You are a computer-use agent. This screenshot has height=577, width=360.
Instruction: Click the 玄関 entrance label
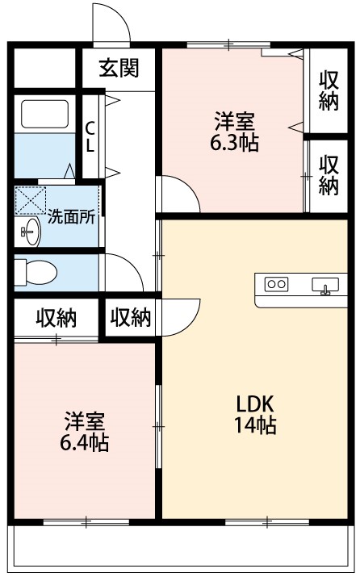tap(119, 68)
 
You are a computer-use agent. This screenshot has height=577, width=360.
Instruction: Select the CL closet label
tap(90, 137)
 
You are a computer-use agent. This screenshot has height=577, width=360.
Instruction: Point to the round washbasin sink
tap(29, 232)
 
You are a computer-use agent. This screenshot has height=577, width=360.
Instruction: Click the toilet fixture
tap(36, 271)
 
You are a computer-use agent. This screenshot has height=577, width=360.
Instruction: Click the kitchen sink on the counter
tap(326, 285)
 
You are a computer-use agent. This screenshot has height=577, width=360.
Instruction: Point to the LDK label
tap(255, 403)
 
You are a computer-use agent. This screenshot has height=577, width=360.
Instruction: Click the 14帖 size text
tap(255, 426)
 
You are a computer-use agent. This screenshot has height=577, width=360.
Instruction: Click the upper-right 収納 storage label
tap(328, 90)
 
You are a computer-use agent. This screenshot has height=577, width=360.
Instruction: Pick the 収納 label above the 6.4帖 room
tap(56, 318)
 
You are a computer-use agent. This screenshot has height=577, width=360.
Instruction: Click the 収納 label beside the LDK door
tap(130, 318)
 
